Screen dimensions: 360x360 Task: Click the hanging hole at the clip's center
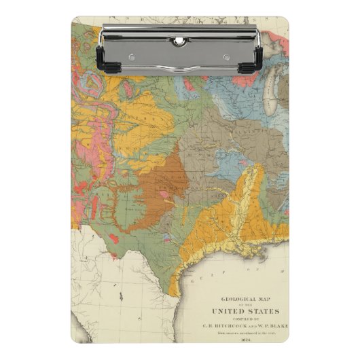pyautogui.click(x=179, y=41)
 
